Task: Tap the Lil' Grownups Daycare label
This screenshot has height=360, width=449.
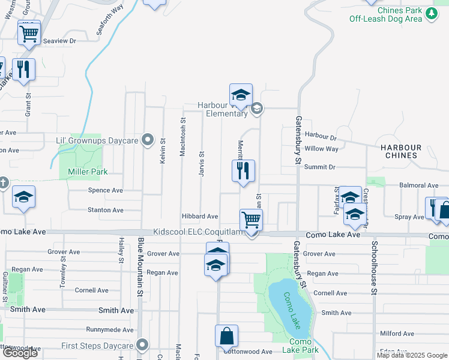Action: [97, 140]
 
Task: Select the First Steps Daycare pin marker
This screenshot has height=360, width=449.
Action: [142, 345]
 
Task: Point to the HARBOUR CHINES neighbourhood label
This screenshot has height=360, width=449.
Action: [400, 151]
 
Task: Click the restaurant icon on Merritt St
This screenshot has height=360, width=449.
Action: [243, 171]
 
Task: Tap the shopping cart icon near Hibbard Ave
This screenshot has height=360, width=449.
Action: [251, 219]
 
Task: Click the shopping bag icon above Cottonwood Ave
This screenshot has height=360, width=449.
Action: [227, 336]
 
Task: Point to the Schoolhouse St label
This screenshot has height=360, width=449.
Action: [374, 262]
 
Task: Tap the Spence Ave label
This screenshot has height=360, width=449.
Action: [105, 190]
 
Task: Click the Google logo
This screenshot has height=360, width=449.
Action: [19, 353]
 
